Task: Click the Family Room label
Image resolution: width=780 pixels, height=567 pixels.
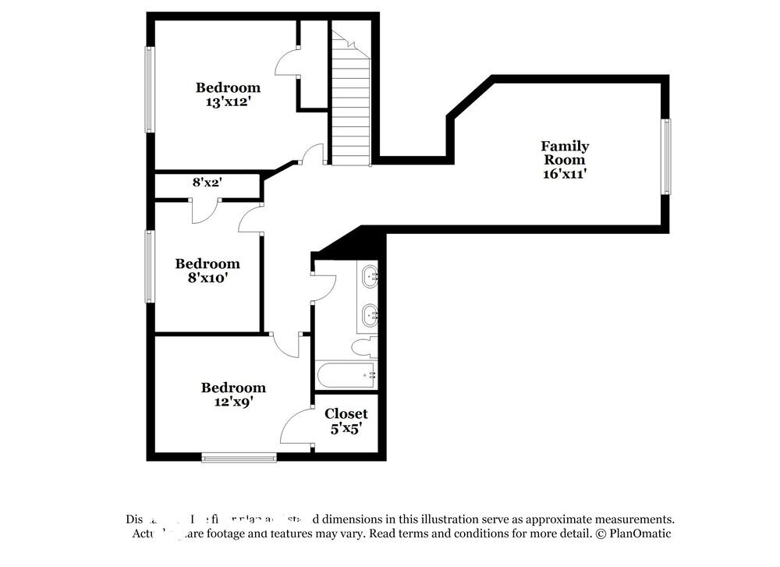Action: coord(565,153)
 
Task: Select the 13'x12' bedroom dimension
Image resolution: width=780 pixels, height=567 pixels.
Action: coord(227,101)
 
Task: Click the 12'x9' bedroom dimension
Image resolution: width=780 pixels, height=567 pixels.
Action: coord(232,402)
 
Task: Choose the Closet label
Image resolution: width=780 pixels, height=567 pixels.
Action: coord(346,413)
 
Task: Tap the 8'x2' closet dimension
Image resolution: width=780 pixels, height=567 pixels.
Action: coord(207,183)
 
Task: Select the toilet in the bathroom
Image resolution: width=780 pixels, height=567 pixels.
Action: coord(365,346)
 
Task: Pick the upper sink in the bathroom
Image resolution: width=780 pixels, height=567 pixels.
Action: coord(370,275)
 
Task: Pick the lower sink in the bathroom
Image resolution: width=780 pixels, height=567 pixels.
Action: coord(370,315)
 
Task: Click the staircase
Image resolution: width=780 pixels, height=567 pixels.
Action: coord(351,101)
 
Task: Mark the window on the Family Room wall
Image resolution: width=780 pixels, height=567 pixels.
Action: coord(665,156)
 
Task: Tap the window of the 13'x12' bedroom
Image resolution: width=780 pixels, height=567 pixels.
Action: coord(148,90)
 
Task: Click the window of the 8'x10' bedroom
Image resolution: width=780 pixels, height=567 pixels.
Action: coord(148,267)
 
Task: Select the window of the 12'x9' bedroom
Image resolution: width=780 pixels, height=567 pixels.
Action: coord(239,458)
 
